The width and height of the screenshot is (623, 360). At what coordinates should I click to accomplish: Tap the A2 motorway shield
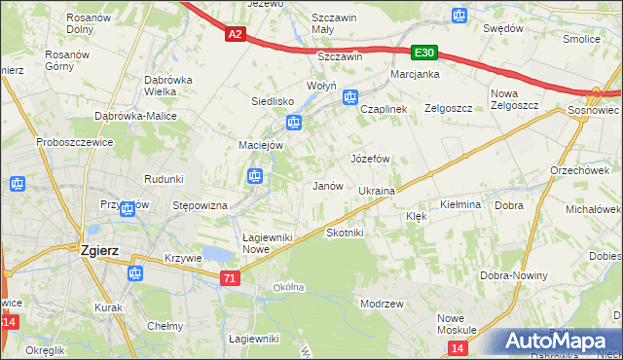point(234,34)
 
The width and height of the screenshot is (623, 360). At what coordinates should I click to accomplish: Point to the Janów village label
point(326,186)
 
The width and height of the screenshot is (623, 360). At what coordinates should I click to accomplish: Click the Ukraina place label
point(376,191)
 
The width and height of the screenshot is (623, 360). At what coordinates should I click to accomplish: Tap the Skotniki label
point(345,233)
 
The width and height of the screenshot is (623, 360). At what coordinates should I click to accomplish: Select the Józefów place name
point(369,158)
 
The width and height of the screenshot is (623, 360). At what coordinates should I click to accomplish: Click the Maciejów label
point(261,145)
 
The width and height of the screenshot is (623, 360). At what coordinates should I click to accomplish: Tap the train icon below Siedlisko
point(293,123)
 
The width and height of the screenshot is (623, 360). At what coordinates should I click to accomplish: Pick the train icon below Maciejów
point(254,176)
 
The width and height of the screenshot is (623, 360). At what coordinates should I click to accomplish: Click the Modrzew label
point(382,304)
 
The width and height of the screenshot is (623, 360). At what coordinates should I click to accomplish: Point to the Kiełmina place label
point(460,205)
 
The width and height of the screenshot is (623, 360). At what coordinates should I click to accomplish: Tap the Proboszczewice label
point(77,142)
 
